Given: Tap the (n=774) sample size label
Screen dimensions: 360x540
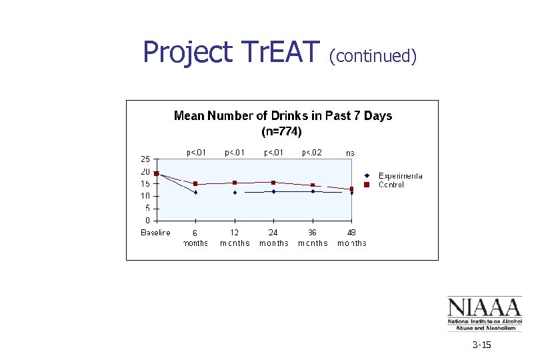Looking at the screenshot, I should [282, 131].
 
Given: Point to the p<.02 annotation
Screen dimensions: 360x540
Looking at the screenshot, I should [312, 153].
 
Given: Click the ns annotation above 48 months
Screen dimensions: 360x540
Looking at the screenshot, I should [350, 153].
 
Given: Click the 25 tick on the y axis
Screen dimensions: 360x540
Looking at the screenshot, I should [145, 159].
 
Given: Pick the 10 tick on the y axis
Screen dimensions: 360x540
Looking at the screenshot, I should [145, 196].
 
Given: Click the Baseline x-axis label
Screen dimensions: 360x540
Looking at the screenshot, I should [155, 233].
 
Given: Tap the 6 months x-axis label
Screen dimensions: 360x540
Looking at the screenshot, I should [195, 238].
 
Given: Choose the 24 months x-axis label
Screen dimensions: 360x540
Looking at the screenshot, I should [273, 238].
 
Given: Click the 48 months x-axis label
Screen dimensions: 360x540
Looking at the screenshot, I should [352, 238].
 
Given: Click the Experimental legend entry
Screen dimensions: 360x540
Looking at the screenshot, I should [400, 176].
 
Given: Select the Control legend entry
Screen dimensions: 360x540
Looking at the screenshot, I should [391, 185].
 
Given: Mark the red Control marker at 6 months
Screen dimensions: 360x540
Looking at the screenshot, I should [195, 183].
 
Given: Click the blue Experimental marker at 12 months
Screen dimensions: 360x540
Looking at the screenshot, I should [235, 193].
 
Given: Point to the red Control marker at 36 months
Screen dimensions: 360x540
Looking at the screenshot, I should [313, 185].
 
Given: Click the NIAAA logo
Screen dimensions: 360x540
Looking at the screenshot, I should [484, 314].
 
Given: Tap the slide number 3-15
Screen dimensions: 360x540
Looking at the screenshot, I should [481, 345].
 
